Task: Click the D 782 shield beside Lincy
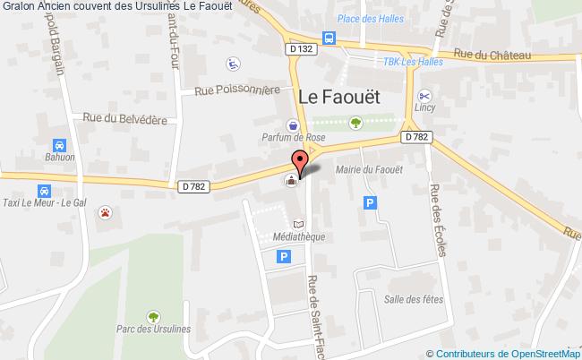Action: (x=415, y=137)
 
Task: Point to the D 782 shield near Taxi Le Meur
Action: (x=192, y=186)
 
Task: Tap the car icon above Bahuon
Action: (x=58, y=145)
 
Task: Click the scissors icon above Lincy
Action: (x=424, y=96)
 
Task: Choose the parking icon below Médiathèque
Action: (x=284, y=257)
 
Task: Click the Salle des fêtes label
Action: (x=407, y=298)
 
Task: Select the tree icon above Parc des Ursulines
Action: (x=152, y=315)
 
